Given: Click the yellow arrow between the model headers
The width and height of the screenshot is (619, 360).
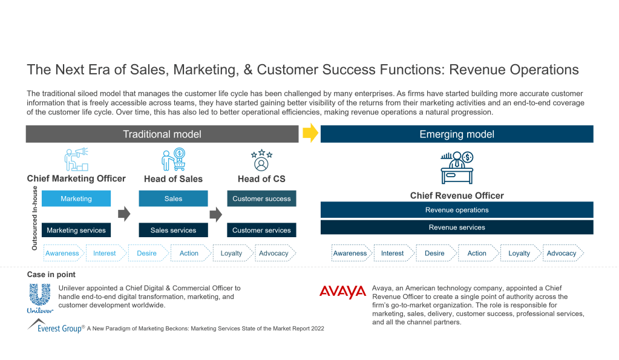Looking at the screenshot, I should point(310,134).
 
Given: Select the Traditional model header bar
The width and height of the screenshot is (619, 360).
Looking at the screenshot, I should point(162,134).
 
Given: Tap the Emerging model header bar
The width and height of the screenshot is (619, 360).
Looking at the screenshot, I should point(457,134).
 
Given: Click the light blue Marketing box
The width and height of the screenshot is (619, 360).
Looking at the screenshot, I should point(76,198).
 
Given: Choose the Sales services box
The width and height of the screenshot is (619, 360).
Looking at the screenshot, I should point(173,230).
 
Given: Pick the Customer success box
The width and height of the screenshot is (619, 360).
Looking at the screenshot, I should point(261,198).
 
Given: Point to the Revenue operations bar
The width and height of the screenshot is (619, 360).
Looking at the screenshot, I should point(457,210).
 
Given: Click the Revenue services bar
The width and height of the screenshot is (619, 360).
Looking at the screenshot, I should point(457,227).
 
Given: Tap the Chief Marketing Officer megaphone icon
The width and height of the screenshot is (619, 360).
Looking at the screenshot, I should point(76,159).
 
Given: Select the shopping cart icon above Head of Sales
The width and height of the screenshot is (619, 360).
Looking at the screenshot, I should point(173,159).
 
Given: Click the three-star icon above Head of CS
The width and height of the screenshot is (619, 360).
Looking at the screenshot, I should point(261,160).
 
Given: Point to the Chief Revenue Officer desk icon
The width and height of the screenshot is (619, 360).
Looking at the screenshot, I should point(457,168).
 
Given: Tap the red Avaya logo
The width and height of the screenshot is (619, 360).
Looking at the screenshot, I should point(342,292).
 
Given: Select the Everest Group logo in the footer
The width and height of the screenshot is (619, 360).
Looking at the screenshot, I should point(55,327).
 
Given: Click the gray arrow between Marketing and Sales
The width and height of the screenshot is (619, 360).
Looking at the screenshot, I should point(124,214).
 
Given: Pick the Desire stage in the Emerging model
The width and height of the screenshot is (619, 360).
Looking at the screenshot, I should point(435,253).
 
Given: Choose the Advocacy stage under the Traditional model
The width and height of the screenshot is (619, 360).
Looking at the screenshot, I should point(274,253).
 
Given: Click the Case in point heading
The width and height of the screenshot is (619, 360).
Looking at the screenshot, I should point(51,275).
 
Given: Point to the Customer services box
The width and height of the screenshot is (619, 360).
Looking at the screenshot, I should point(261,230).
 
